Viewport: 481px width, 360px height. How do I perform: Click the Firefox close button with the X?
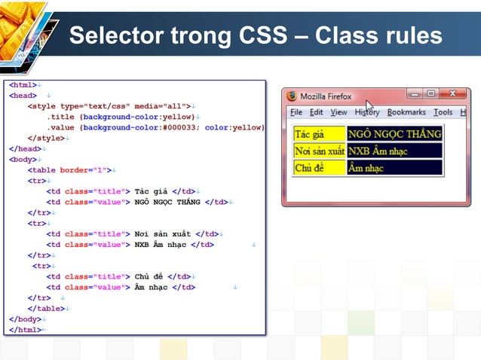coord(452,94)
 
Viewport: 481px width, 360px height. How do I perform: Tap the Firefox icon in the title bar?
coord(292,96)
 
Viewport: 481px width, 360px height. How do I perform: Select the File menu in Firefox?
coord(296,112)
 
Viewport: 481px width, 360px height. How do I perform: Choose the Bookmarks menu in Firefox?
coord(406,112)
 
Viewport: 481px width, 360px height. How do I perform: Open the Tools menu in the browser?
coord(443,112)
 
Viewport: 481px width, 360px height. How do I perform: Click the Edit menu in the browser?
coord(316,112)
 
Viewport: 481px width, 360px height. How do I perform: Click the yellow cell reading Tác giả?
coord(320,134)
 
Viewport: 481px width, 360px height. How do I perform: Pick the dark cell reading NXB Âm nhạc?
coord(394,151)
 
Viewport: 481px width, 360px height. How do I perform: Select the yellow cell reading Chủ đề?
coord(320,167)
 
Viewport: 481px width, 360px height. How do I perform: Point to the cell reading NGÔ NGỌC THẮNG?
coord(394,134)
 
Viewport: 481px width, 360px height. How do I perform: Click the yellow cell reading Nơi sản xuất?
coord(320,151)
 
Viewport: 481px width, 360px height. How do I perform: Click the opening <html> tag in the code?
coord(23,85)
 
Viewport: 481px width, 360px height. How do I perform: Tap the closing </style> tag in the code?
coord(46,138)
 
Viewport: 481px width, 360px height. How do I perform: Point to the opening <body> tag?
coord(23,160)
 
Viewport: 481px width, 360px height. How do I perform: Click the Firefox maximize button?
coord(430,94)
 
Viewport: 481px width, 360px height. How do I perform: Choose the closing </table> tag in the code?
coord(51,308)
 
